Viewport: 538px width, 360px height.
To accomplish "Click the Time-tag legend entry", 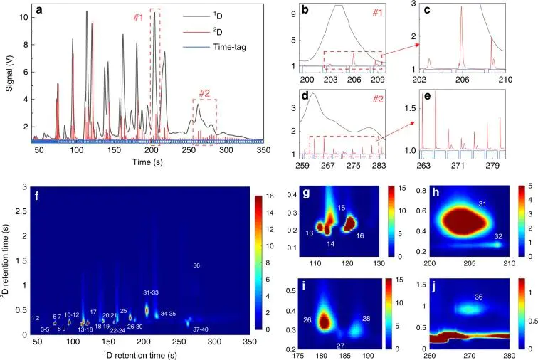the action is click(214, 47).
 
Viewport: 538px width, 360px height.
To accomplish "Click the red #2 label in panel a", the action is click(204, 93).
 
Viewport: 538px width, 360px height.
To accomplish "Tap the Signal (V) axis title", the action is click(9, 73).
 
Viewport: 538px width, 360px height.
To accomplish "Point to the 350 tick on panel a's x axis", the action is click(263, 150).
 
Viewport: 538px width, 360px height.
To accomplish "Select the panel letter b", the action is click(305, 10).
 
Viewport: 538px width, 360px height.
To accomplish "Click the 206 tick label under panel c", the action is click(462, 80).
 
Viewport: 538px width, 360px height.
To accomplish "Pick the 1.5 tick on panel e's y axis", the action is click(410, 108).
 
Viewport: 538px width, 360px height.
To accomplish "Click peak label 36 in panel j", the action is click(479, 297).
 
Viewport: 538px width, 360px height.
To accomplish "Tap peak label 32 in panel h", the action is click(498, 236).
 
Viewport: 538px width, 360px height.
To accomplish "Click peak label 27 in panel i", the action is click(340, 346).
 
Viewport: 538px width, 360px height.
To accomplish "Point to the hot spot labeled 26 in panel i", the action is click(324, 322).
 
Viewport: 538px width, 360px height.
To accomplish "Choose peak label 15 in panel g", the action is click(341, 208).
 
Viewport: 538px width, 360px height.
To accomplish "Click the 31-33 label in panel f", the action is click(151, 292).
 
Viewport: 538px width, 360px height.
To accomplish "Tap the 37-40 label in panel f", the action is click(201, 329).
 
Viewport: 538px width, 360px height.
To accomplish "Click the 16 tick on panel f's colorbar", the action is click(270, 196).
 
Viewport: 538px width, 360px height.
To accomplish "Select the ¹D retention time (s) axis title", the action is click(140, 354).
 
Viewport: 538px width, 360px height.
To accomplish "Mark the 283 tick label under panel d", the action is click(379, 165).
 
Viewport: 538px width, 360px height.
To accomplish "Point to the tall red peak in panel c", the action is click(461, 37).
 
